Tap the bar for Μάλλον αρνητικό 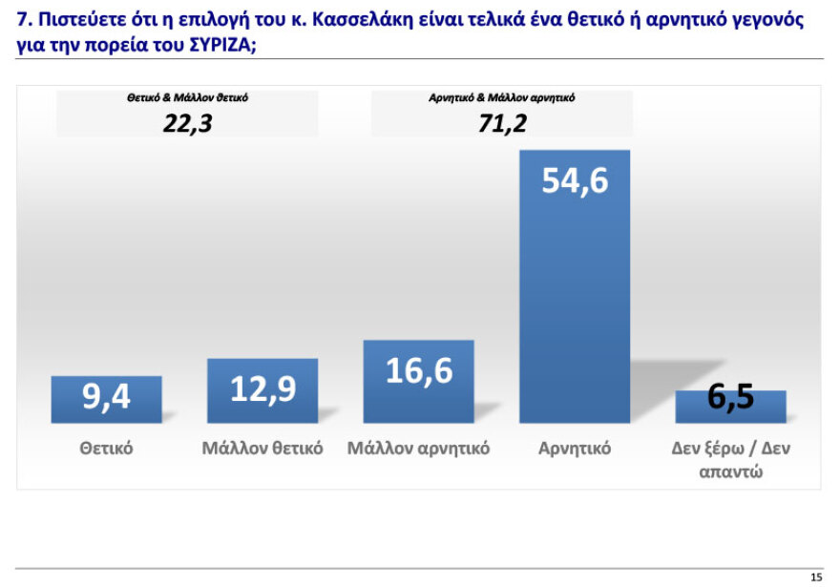(419, 382)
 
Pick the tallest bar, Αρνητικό (575, 286)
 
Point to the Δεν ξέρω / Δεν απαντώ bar (731, 407)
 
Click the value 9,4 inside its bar (106, 396)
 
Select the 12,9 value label (262, 388)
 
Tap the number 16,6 (419, 370)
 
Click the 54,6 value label (575, 180)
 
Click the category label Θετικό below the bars (106, 448)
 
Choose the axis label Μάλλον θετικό (262, 448)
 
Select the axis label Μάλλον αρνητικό (419, 448)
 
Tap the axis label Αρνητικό (575, 448)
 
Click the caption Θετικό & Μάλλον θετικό (187, 97)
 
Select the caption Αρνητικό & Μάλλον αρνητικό (502, 97)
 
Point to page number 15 (815, 577)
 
